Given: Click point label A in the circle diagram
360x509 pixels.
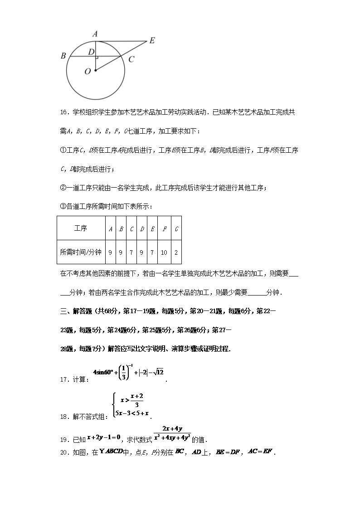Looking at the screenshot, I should tap(95, 34).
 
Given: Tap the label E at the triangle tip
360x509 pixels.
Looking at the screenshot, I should tap(152, 40).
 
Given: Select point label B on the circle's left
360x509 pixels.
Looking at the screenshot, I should tap(63, 56).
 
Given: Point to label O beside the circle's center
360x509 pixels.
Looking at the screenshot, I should tap(88, 71).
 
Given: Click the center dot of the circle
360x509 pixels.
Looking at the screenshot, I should tap(96, 70).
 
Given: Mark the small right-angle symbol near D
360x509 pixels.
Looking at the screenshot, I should tap(97, 58).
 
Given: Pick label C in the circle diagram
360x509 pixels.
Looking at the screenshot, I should tap(131, 59).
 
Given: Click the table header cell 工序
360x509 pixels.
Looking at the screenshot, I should tap(80, 228).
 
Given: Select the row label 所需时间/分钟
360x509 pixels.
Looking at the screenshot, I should tap(80, 252).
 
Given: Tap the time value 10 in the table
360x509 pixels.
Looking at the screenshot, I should tap(164, 252).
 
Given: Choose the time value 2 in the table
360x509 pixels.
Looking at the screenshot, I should tap(176, 252).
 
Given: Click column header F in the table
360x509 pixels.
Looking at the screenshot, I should tap(164, 228).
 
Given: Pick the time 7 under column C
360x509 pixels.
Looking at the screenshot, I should tap(131, 252).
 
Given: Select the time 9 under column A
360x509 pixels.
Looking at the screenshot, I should tap(110, 252).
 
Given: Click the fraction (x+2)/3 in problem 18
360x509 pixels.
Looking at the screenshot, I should tap(136, 400).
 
